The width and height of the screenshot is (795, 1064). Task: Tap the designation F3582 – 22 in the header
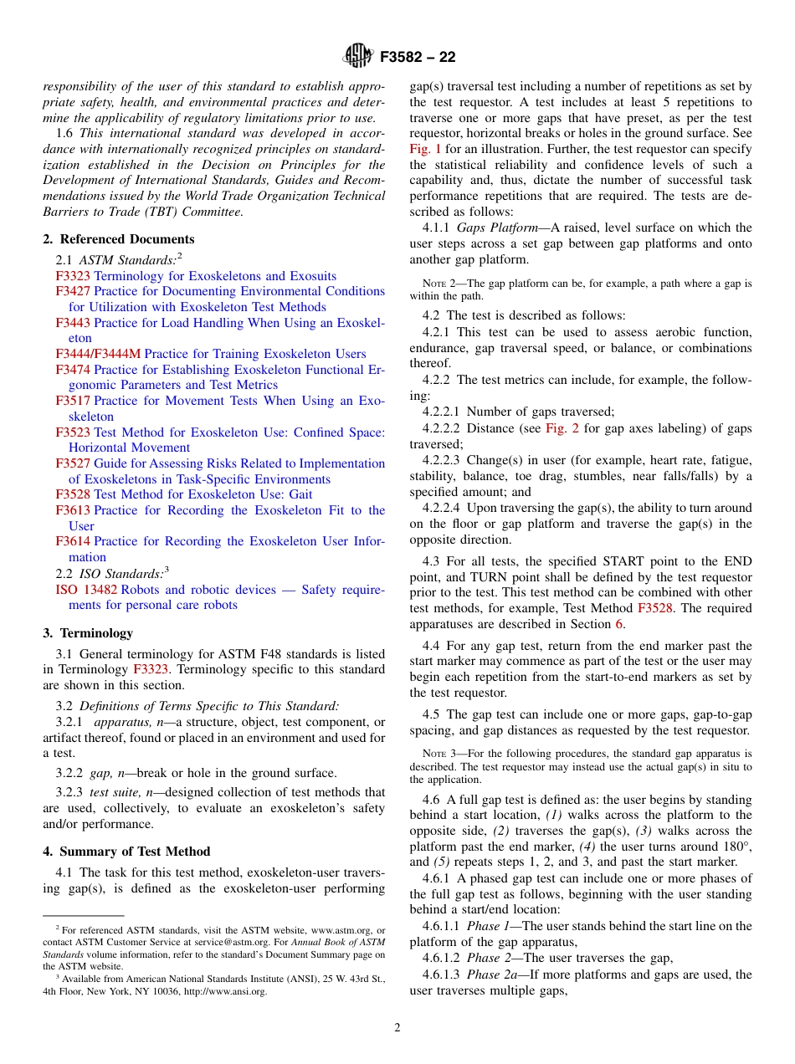pyautogui.click(x=418, y=58)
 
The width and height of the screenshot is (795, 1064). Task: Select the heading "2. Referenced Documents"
pyautogui.click(x=118, y=239)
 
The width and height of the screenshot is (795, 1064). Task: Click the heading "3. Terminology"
pyautogui.click(x=88, y=633)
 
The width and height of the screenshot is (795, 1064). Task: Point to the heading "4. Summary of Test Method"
pyautogui.click(x=126, y=852)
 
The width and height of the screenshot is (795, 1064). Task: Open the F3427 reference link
pyautogui.click(x=73, y=291)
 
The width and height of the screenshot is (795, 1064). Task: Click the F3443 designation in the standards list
pyautogui.click(x=73, y=323)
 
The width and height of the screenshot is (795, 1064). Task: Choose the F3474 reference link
pyautogui.click(x=73, y=370)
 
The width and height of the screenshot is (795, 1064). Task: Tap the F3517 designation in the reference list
pyautogui.click(x=73, y=401)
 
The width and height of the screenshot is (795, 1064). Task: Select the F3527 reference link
pyautogui.click(x=73, y=463)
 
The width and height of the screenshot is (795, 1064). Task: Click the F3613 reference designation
pyautogui.click(x=73, y=510)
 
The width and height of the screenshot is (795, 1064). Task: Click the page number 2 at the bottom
pyautogui.click(x=397, y=1028)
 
